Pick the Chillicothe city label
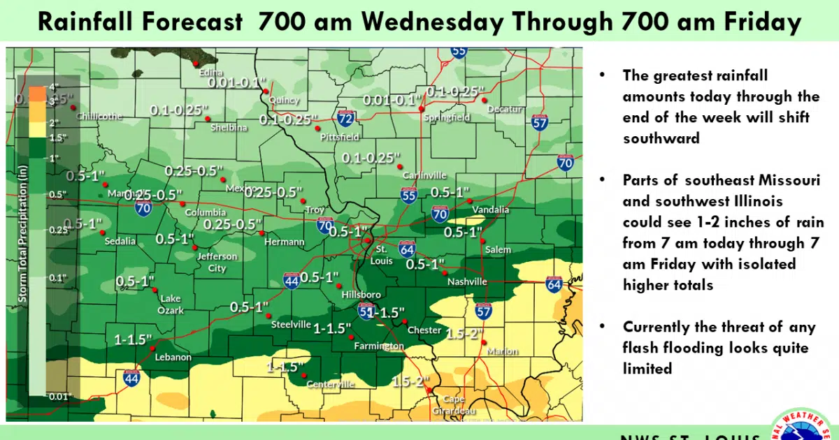[101, 116]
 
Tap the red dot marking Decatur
[484, 101]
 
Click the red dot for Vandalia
[470, 201]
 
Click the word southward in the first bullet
[661, 138]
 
